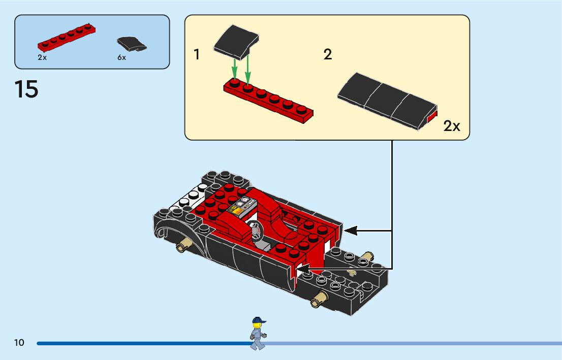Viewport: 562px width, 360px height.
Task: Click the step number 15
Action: click(x=26, y=89)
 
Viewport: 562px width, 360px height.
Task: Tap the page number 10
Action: click(x=19, y=343)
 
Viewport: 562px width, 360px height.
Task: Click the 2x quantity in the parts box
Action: click(x=42, y=57)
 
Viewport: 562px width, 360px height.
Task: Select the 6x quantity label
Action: click(x=121, y=57)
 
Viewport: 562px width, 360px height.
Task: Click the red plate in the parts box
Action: click(x=67, y=39)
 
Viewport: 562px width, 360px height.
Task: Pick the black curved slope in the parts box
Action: click(x=131, y=44)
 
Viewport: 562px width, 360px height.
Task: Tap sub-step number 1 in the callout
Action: click(x=197, y=55)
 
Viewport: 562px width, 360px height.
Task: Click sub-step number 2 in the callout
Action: click(x=328, y=55)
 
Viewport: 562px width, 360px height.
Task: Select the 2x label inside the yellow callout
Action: click(x=452, y=126)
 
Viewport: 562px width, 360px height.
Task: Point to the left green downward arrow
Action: click(x=235, y=69)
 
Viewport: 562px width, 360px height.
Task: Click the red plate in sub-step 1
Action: click(x=268, y=101)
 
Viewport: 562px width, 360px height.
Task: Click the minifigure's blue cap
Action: click(x=258, y=320)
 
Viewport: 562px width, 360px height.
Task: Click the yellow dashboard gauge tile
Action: click(x=237, y=208)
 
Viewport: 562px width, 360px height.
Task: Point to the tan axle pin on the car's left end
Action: click(x=181, y=247)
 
